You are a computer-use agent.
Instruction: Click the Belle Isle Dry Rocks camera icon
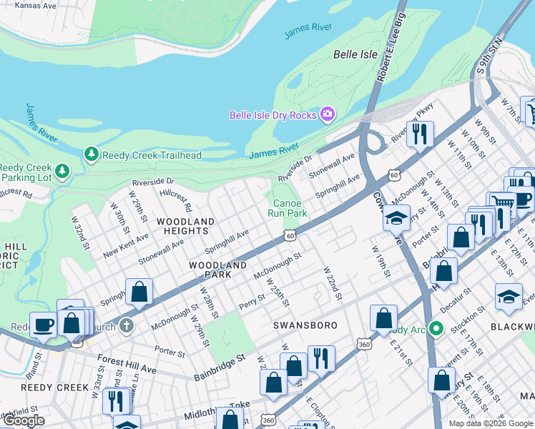coord(328,114)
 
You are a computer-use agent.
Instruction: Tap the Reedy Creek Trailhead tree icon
coord(91,154)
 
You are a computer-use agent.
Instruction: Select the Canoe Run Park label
coord(287,207)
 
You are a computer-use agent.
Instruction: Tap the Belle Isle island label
coord(355,54)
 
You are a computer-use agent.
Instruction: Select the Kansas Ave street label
coord(29,5)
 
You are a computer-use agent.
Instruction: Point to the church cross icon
coord(127,326)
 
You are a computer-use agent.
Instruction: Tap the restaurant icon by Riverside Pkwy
coord(420,133)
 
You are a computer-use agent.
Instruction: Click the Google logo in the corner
coord(24,420)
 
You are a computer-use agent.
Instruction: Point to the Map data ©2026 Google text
coord(491,423)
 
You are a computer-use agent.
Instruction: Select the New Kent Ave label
coord(125,245)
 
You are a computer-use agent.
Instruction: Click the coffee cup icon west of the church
coord(43,324)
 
